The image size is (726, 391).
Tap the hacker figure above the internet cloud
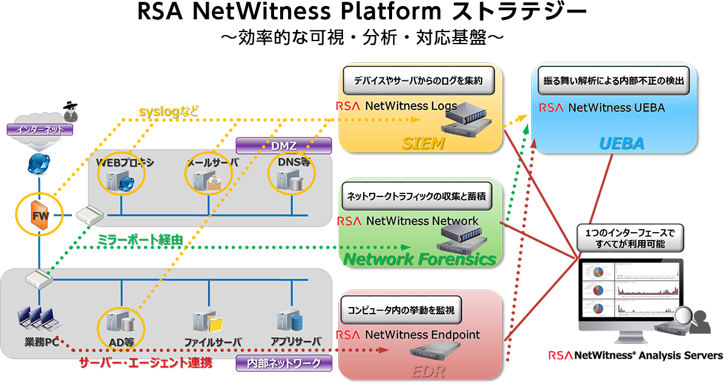(71, 109)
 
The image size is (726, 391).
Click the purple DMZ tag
(283, 146)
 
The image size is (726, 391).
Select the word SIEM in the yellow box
(423, 143)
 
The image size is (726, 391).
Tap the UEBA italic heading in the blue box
(621, 143)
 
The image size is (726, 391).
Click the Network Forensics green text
(420, 259)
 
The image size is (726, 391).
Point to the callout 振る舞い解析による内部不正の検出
(614, 83)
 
